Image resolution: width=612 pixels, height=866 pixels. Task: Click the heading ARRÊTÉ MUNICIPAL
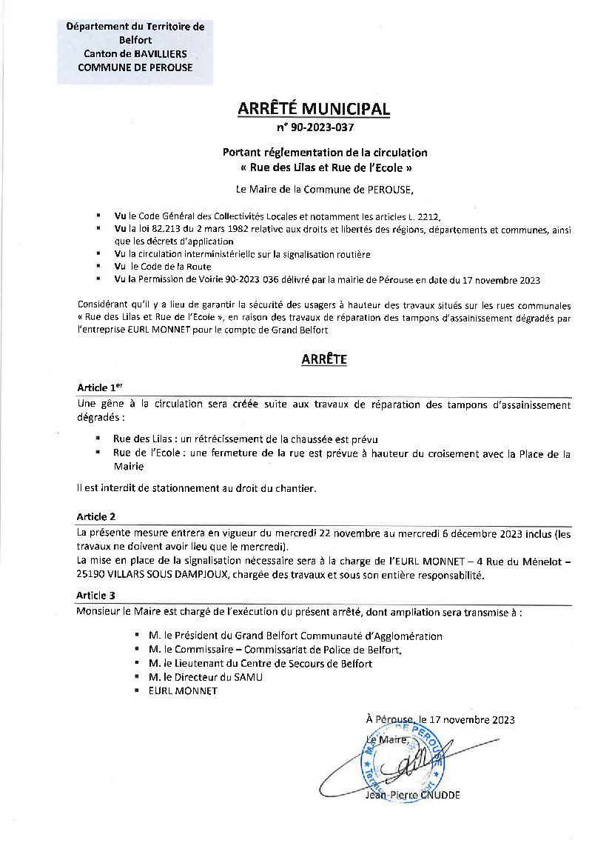tap(313, 109)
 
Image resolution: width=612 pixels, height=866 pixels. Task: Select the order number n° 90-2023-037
tap(313, 127)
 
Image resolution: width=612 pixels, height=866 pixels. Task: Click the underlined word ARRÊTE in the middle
tap(324, 360)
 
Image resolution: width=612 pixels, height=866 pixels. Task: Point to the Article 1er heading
tap(98, 387)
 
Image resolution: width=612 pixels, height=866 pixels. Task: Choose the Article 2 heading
tap(96, 516)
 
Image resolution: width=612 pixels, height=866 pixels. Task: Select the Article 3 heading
tap(96, 595)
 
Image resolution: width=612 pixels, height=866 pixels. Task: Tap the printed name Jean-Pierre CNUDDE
tap(412, 796)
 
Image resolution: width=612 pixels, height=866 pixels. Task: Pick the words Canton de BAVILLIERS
tap(135, 53)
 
